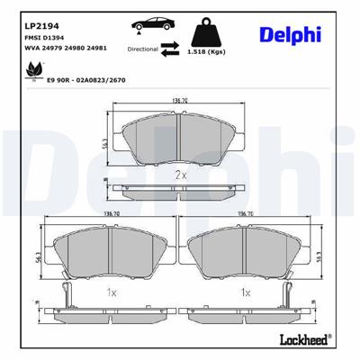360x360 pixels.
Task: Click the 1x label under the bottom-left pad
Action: (112, 292)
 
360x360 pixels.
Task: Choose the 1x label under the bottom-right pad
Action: (246, 292)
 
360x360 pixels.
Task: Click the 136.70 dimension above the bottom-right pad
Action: (246, 214)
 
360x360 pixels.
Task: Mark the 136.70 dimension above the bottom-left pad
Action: (112, 214)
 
